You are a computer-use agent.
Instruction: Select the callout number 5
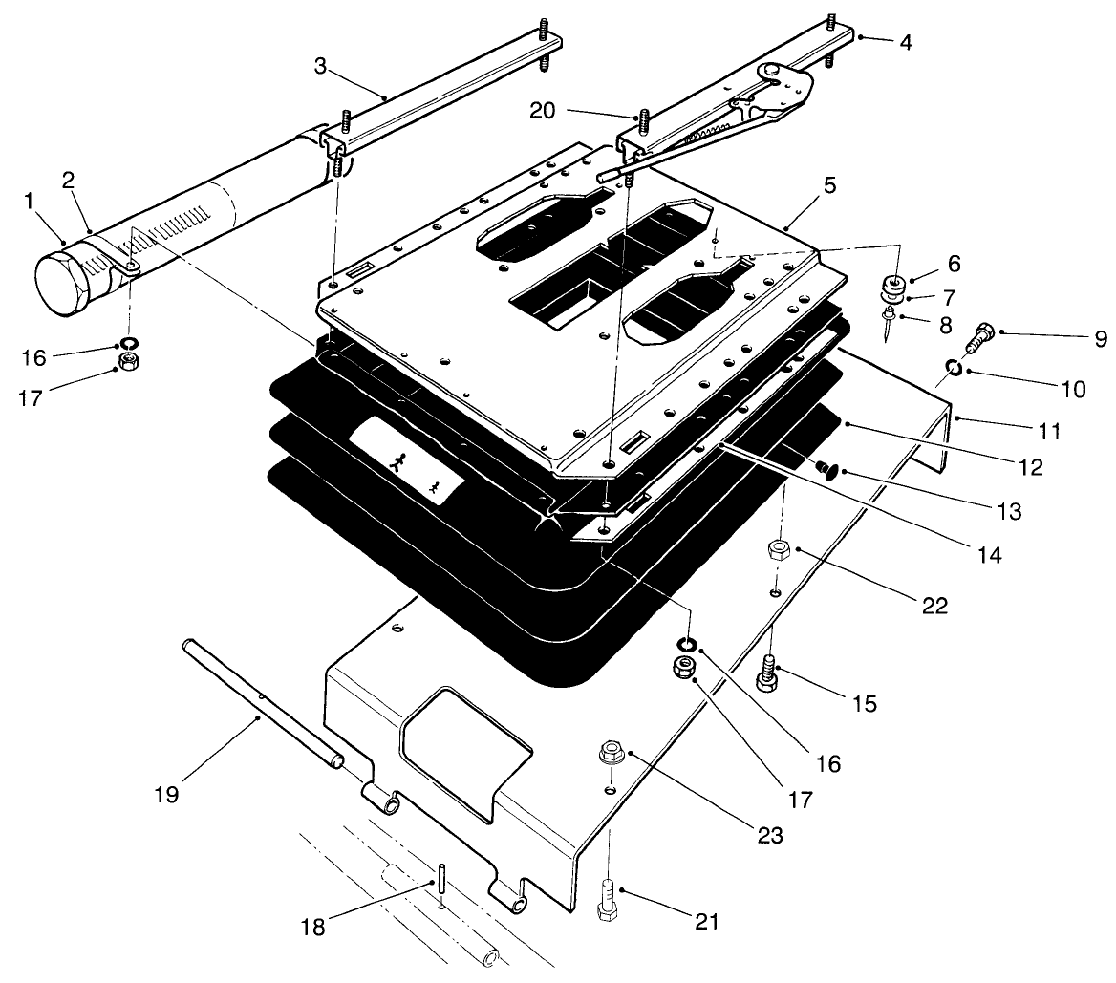click(x=829, y=185)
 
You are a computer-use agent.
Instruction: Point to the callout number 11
click(x=1050, y=431)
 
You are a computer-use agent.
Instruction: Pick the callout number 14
click(x=989, y=553)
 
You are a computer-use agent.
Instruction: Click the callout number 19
click(x=167, y=794)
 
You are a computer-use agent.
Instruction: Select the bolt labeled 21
click(x=605, y=902)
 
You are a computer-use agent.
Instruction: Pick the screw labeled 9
click(x=980, y=336)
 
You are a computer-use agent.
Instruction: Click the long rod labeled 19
click(x=258, y=703)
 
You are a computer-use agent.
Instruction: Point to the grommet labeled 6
click(x=895, y=284)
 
